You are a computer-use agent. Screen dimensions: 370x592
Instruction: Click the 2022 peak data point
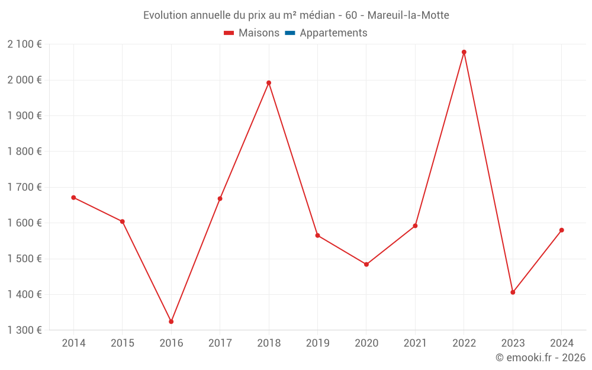pos(464,52)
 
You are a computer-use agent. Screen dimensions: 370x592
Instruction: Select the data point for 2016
pos(171,321)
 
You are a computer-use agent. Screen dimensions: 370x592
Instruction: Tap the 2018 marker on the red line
pos(269,83)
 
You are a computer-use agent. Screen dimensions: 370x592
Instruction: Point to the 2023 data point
pos(513,292)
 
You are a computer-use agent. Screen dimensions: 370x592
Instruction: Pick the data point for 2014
pos(73,198)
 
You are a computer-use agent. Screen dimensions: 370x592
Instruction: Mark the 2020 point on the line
pos(366,265)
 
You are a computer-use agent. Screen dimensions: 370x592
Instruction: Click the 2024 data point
pos(561,230)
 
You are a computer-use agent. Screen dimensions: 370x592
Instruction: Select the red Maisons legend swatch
pos(229,33)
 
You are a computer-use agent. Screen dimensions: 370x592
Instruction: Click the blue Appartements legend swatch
pos(290,33)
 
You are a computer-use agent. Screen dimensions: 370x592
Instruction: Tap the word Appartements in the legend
pos(333,33)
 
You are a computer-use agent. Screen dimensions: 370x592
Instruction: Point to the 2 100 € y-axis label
pos(25,44)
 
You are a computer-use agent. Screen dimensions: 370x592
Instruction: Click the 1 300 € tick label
pos(25,330)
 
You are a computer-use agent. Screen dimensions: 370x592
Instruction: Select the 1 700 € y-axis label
pos(25,187)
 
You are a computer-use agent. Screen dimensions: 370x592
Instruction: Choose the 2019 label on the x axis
pos(317,343)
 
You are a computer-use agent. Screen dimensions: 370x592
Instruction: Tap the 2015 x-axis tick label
pos(123,343)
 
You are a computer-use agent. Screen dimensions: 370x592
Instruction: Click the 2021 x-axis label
pos(415,343)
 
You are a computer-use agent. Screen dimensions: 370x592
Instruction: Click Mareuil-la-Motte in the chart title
pos(408,15)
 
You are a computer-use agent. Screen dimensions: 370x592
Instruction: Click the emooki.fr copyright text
pos(540,358)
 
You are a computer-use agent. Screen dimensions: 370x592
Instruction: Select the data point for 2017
pos(220,198)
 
